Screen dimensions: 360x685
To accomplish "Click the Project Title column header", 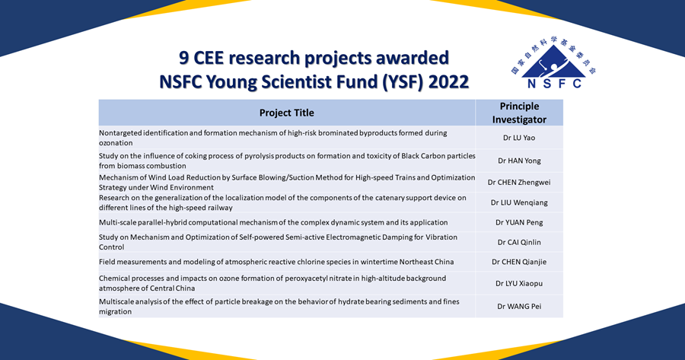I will click(x=286, y=113).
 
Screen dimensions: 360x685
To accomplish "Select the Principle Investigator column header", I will click(x=519, y=113).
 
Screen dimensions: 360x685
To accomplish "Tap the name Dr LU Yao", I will click(x=519, y=138).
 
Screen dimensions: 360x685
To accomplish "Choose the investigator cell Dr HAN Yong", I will click(x=519, y=161).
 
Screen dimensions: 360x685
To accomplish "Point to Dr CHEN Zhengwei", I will click(x=519, y=183).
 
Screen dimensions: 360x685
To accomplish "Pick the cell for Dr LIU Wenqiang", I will click(x=519, y=203).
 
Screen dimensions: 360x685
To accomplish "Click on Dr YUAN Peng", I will click(x=519, y=222).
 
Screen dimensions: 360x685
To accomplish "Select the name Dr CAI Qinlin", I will click(x=519, y=242).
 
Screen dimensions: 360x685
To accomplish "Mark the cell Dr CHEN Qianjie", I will click(x=519, y=262).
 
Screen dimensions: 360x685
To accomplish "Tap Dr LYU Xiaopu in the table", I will click(x=519, y=283).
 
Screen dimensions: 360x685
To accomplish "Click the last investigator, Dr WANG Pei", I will click(x=519, y=306).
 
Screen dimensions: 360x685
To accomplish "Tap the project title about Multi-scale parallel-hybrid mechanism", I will click(x=273, y=222).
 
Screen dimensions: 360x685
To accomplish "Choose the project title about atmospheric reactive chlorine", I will click(x=276, y=262).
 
